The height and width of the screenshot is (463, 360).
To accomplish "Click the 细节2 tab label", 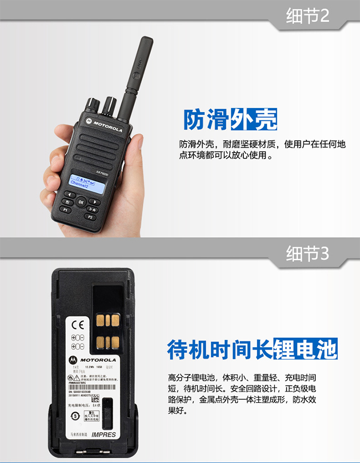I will tap(307, 16).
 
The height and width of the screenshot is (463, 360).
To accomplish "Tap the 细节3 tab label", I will tap(307, 254).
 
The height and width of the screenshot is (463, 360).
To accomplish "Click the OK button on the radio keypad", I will tap(81, 202).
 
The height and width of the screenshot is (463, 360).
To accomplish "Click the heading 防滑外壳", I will tap(230, 119).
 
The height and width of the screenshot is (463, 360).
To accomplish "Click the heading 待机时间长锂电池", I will tap(252, 349).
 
